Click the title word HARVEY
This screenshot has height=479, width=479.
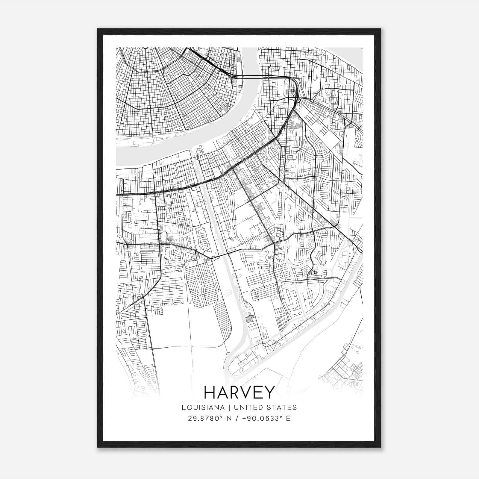click(x=239, y=392)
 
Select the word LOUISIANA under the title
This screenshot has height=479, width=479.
click(x=199, y=407)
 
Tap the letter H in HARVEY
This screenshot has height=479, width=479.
click(x=210, y=392)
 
